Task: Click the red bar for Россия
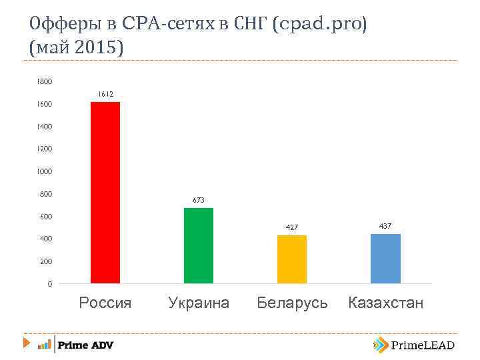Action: (x=105, y=193)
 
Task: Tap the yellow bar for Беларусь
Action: (x=292, y=259)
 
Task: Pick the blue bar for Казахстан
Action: (x=385, y=259)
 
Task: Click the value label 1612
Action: (x=105, y=95)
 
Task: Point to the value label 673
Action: (x=199, y=200)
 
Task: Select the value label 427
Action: (x=291, y=227)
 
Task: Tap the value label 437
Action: (x=385, y=227)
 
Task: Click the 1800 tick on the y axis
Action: (x=45, y=81)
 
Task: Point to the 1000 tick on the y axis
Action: (x=45, y=171)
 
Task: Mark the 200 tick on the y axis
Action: (x=46, y=261)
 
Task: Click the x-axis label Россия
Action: (x=105, y=303)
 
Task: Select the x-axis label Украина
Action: (x=199, y=303)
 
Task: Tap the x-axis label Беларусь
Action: (x=292, y=303)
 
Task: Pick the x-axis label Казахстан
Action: (x=385, y=303)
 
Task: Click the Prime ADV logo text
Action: (x=85, y=345)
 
